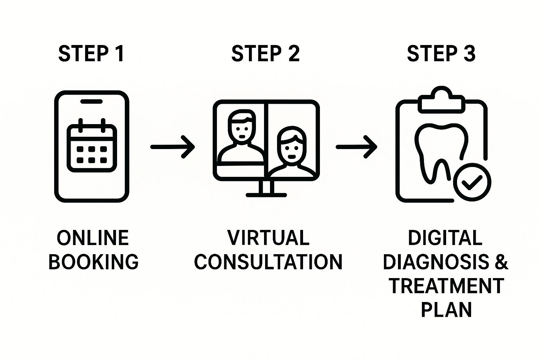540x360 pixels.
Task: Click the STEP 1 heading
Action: pos(91,54)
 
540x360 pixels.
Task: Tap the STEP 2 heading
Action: pos(265,54)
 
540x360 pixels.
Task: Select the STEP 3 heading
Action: pos(441,54)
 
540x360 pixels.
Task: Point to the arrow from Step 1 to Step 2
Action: pos(172,147)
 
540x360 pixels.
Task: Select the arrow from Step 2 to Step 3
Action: pos(356,147)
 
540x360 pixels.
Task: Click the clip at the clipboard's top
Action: pos(441,99)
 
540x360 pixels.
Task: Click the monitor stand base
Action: pos(266,194)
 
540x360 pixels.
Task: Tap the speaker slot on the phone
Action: pos(91,101)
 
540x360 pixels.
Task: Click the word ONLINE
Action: pos(93,238)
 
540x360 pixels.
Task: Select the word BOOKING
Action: pos(94,262)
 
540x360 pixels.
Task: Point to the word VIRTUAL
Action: pos(268,238)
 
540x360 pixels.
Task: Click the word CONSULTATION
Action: pos(268,262)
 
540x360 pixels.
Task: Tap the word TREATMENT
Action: pos(446,286)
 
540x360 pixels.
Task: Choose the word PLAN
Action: pos(446,309)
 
